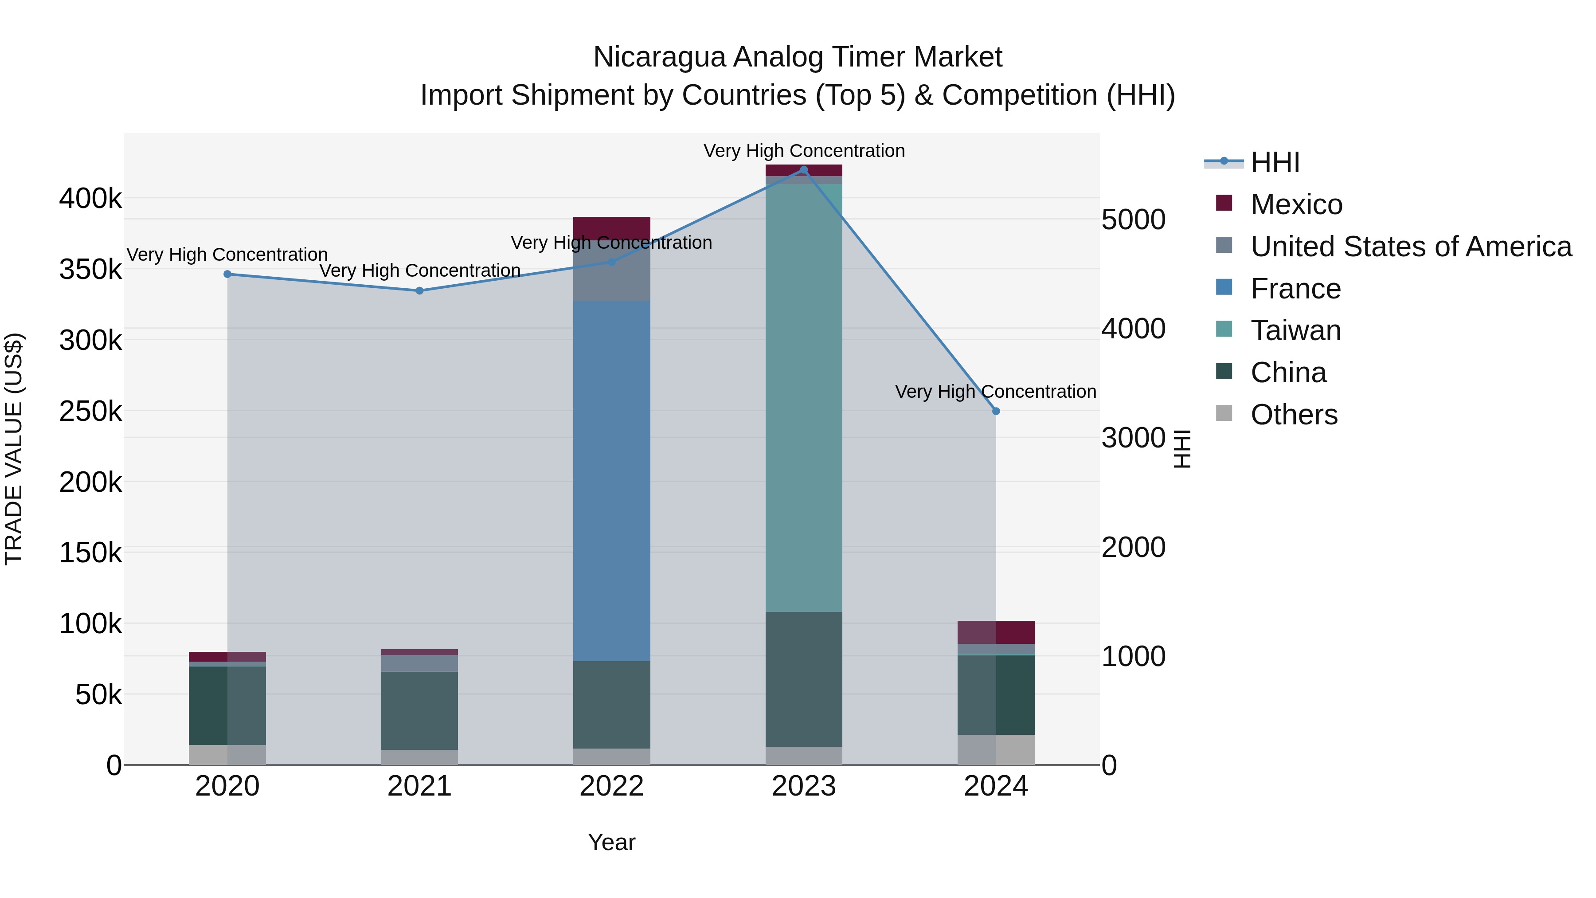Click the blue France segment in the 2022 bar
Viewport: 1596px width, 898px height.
point(611,480)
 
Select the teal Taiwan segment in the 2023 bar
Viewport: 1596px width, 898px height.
point(804,396)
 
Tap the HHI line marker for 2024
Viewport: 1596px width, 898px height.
point(996,411)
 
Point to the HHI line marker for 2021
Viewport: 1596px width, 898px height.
point(419,290)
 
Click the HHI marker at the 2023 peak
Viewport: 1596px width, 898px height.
point(804,170)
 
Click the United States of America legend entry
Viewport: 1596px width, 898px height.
point(1410,247)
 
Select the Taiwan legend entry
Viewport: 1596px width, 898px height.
point(1295,330)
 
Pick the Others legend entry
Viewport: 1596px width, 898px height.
point(1293,415)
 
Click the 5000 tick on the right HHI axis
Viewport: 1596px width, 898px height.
point(1133,220)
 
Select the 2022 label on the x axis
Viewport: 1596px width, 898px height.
point(611,786)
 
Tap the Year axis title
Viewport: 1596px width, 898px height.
point(611,842)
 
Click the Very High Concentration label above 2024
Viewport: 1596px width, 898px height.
point(996,392)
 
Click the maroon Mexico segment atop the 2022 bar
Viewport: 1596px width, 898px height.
point(611,228)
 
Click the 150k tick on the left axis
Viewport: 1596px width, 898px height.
point(90,552)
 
